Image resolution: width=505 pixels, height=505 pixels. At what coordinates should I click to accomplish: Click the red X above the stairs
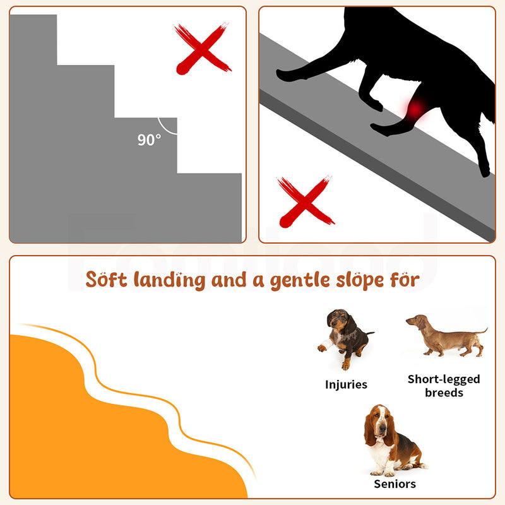(x=202, y=48)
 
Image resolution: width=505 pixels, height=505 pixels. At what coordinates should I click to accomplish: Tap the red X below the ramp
(x=306, y=201)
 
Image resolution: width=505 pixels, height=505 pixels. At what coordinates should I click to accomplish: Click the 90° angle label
(x=149, y=140)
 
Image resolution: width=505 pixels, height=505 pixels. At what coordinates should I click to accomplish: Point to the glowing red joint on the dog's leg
(x=415, y=110)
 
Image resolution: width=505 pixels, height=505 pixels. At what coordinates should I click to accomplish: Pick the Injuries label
(x=346, y=384)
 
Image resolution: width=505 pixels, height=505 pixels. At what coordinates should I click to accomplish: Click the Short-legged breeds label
(x=444, y=386)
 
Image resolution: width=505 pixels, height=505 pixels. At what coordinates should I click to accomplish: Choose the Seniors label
(x=395, y=484)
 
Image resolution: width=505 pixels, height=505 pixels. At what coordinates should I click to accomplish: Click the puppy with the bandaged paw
(x=345, y=338)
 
